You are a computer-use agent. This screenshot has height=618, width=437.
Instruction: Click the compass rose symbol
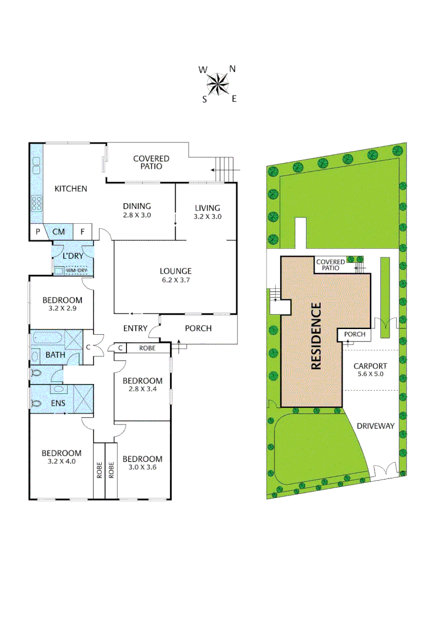[218, 85]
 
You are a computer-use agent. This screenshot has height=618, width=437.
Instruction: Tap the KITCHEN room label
[70, 188]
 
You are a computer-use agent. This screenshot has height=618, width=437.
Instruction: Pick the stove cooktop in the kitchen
[37, 203]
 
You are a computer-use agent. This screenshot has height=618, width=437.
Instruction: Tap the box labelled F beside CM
[82, 232]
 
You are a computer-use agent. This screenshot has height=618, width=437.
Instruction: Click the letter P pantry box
[38, 232]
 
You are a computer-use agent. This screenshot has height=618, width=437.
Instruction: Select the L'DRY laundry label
[73, 256]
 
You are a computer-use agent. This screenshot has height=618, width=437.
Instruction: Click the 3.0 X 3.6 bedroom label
[142, 463]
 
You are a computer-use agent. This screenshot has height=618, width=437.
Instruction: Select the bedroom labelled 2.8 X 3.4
[142, 385]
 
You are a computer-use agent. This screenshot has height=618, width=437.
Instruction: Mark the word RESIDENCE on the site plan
[316, 335]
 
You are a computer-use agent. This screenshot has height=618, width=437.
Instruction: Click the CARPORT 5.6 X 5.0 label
[370, 370]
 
